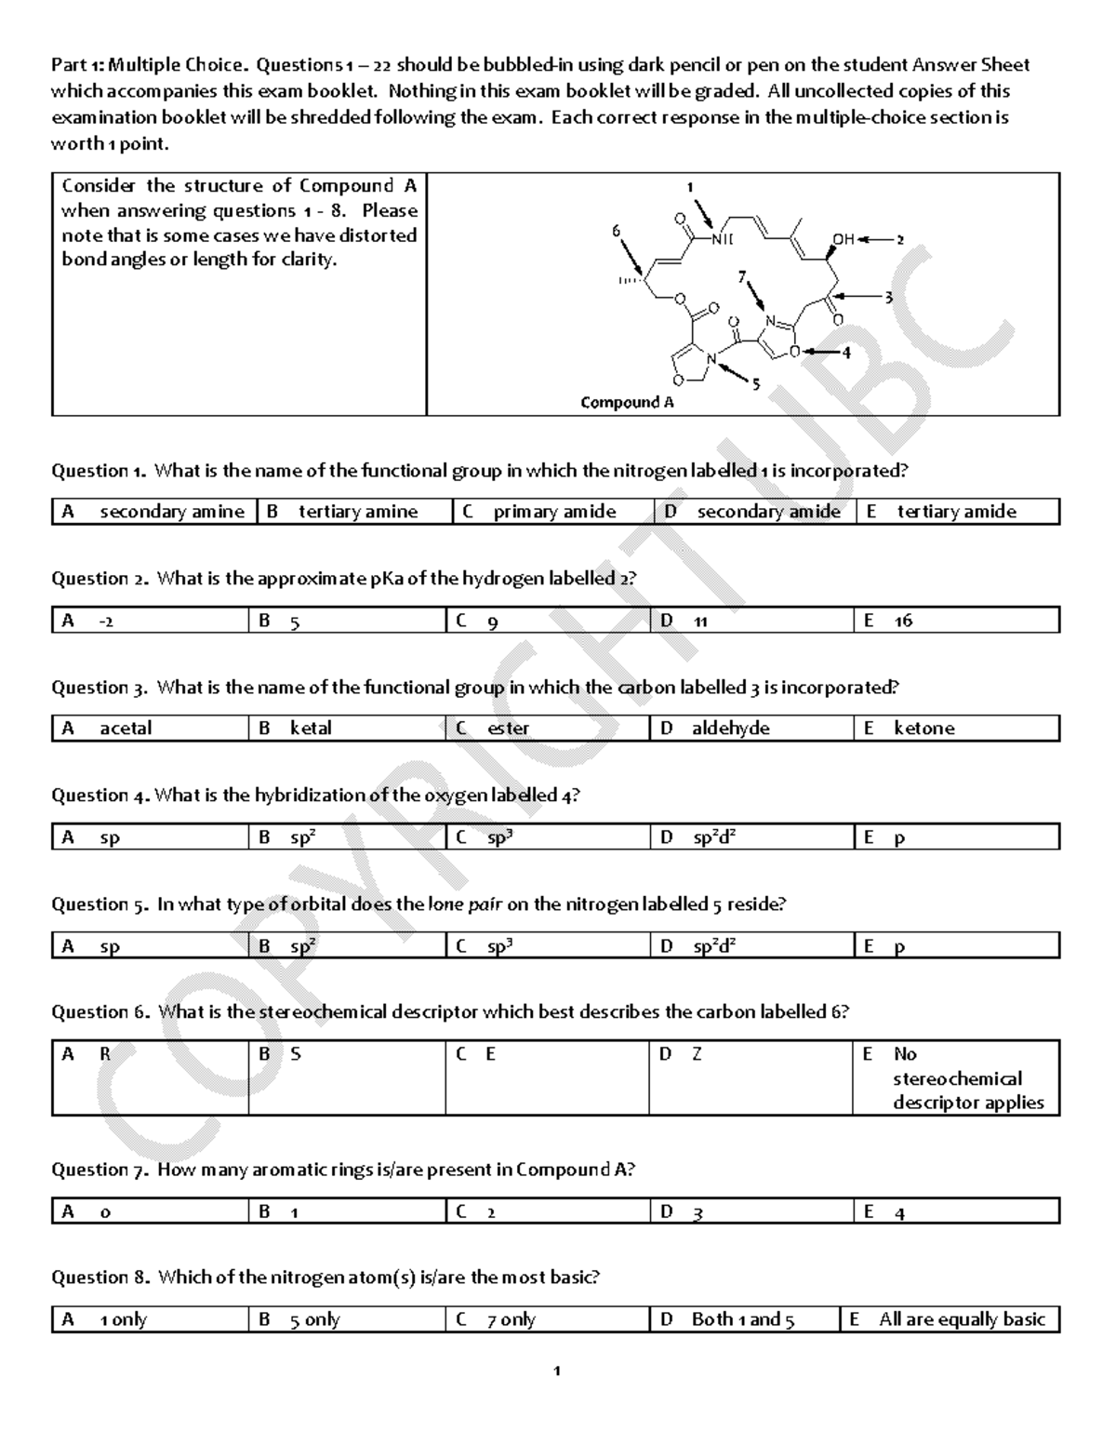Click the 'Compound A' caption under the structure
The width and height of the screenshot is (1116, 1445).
[x=627, y=402]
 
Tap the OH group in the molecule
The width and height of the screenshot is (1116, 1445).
[x=843, y=239]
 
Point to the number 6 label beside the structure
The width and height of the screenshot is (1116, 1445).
[x=616, y=229]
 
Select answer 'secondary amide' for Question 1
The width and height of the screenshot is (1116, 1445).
[x=768, y=511]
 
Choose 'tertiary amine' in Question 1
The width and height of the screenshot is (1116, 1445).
[x=358, y=511]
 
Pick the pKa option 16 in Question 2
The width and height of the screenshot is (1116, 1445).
[x=903, y=621]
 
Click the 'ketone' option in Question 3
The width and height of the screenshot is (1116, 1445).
[x=923, y=728]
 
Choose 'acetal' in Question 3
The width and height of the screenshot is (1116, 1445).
[x=126, y=728]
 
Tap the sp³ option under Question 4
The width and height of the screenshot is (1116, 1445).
[x=499, y=837]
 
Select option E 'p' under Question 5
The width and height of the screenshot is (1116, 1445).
[x=898, y=946]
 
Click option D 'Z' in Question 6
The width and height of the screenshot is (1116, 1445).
[x=696, y=1054]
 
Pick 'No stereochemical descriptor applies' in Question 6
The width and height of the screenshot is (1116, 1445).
[x=967, y=1078]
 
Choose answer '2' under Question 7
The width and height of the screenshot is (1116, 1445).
[x=490, y=1211]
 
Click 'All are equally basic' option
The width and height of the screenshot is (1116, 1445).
[x=962, y=1319]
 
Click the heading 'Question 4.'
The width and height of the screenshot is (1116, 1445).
[x=100, y=796]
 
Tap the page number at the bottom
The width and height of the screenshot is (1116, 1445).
[x=556, y=1371]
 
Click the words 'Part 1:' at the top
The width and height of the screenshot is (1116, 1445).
[x=78, y=65]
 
